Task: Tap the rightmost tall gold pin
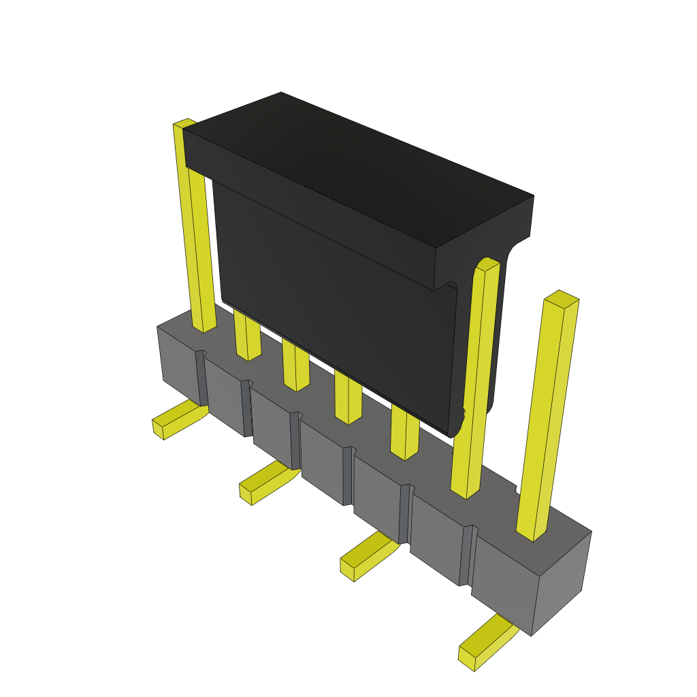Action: click(x=548, y=415)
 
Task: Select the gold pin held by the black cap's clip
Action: click(x=475, y=381)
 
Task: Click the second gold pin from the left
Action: click(x=247, y=337)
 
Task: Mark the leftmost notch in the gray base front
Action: click(x=201, y=378)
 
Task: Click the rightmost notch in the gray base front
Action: click(x=466, y=555)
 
